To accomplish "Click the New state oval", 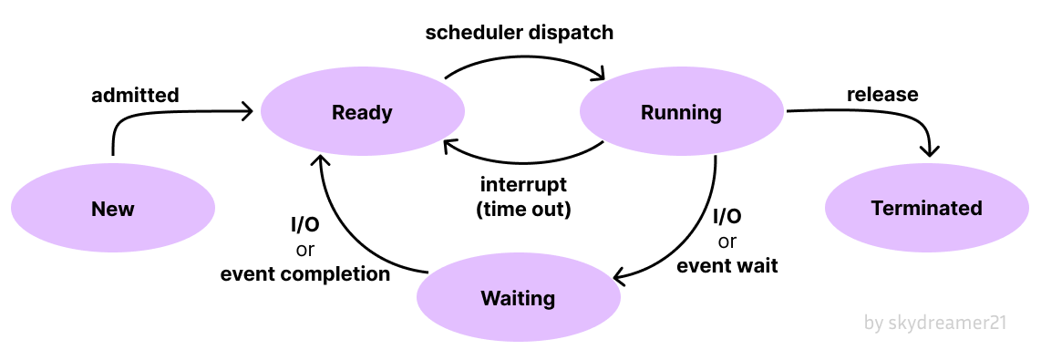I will [113, 209].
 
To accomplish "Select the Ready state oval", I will [362, 113].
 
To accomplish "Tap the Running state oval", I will [682, 113].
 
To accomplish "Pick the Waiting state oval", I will [518, 298].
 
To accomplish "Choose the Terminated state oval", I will [926, 208].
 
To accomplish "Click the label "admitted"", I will [135, 95].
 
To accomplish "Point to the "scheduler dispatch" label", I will [520, 33].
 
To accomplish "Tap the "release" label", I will [882, 94].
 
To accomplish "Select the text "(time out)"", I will [523, 209].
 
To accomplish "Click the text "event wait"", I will [727, 267].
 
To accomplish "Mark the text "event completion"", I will [305, 273].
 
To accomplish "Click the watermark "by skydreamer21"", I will [935, 323].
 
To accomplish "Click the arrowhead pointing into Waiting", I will [619, 278].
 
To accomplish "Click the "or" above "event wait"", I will [727, 242].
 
